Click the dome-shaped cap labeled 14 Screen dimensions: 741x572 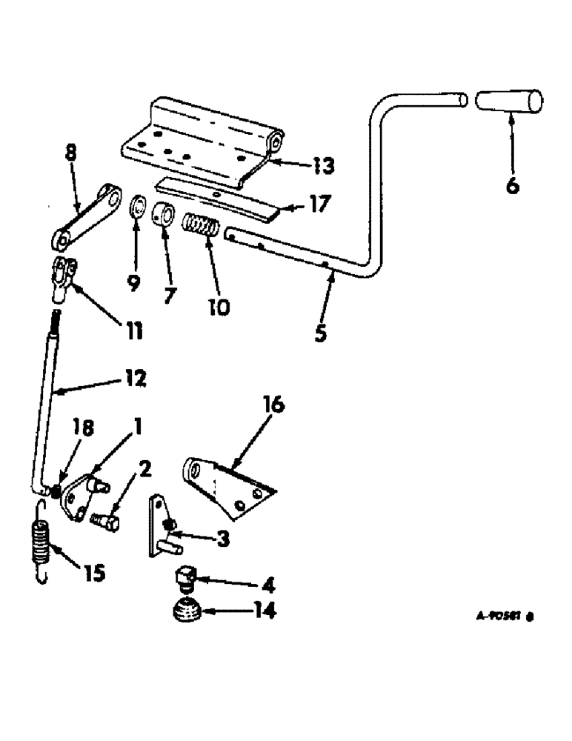coord(187,611)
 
